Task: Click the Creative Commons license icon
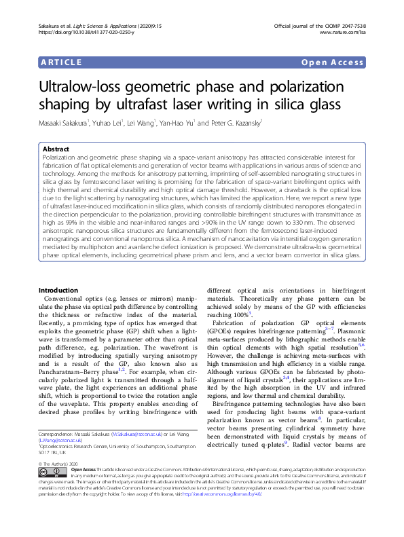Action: (x=51, y=470)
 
